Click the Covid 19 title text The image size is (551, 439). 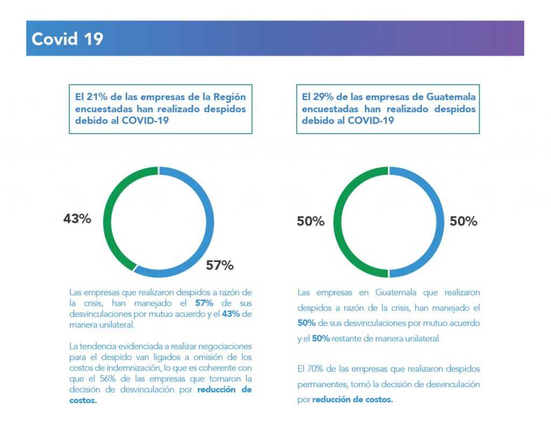click(67, 39)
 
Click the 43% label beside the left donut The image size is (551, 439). click(77, 219)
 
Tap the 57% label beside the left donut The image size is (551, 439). click(220, 265)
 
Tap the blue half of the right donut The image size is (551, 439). click(439, 222)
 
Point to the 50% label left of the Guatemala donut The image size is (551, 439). click(310, 221)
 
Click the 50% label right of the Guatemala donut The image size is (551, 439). click(463, 221)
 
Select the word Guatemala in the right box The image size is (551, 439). click(451, 97)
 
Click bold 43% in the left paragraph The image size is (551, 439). click(231, 314)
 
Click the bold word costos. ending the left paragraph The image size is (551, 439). click(83, 400)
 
